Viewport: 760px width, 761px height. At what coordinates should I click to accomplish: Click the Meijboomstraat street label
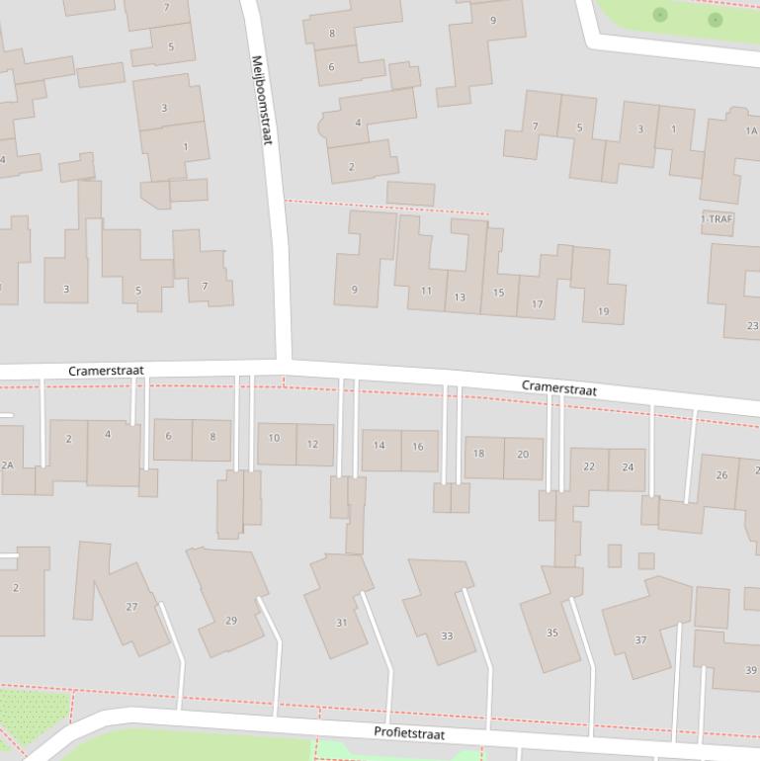tap(261, 100)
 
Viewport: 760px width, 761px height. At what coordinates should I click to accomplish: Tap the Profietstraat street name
tap(409, 733)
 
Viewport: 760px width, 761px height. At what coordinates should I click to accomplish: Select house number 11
tap(426, 292)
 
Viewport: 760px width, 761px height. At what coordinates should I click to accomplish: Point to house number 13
tap(460, 297)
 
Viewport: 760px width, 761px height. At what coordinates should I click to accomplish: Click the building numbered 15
tap(498, 293)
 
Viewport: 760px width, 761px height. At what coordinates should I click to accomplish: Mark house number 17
tap(537, 304)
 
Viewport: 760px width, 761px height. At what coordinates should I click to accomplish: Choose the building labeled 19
tap(603, 311)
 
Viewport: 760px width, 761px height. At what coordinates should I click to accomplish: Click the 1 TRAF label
tap(718, 218)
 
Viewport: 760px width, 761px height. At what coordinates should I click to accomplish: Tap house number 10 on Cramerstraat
tap(274, 438)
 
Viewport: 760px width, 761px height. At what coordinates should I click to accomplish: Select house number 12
tap(313, 444)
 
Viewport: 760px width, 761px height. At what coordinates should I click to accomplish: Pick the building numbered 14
tap(379, 446)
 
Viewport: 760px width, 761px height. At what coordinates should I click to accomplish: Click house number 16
tap(418, 447)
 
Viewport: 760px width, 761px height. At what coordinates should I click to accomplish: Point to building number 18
tap(479, 454)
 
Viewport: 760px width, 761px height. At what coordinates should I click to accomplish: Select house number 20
tap(523, 455)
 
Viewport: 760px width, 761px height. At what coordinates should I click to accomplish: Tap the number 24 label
tap(628, 466)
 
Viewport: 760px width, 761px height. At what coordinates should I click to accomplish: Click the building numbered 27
tap(131, 607)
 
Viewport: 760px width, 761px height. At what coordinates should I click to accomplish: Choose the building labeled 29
tap(230, 621)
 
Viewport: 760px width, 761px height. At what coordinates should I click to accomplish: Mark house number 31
tap(341, 623)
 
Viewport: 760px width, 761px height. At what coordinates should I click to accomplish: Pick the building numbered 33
tap(447, 635)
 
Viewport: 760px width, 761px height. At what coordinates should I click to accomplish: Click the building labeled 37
tap(640, 640)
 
